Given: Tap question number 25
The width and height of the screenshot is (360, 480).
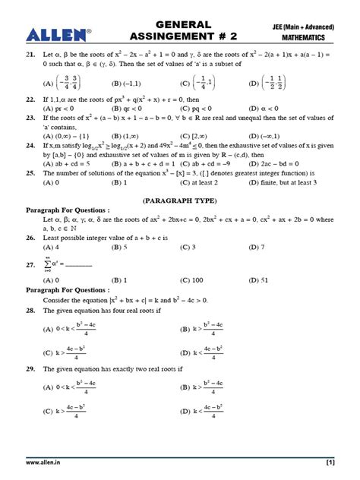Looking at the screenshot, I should click(31, 173).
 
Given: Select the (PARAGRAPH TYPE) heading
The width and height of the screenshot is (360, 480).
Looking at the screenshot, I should click(180, 201).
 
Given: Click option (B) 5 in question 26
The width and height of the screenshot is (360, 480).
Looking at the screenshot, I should click(118, 248).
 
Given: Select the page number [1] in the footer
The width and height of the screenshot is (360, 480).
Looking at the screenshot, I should click(330, 462).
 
